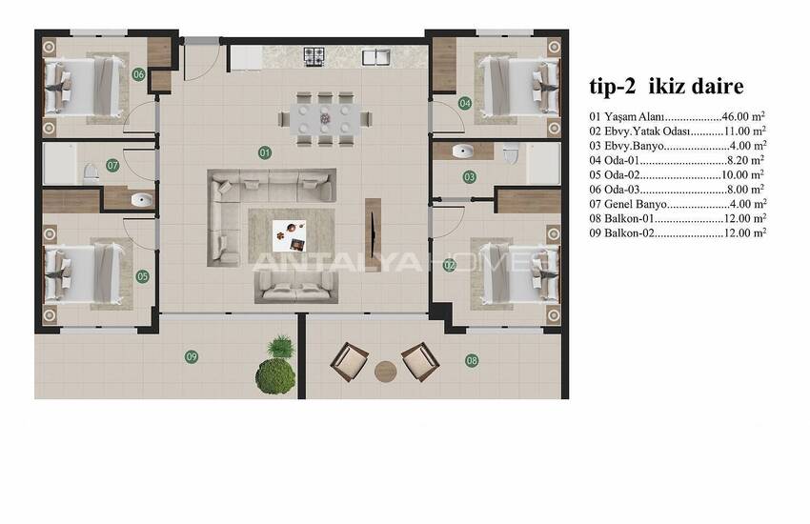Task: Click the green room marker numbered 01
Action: [265, 152]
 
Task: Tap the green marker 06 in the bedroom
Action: [138, 74]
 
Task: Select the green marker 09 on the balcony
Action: [192, 356]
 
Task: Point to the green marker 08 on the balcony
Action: [471, 360]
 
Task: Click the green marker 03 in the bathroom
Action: [469, 177]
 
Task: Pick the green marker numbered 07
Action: [112, 165]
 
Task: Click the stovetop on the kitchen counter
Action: [314, 57]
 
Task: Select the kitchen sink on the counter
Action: [376, 57]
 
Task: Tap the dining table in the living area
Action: [324, 119]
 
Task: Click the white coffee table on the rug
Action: [290, 236]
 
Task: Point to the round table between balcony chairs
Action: [385, 372]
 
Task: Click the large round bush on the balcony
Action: [275, 376]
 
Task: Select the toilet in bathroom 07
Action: [91, 174]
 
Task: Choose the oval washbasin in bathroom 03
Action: [463, 151]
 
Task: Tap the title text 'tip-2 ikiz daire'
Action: [666, 86]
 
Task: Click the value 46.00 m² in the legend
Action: [743, 116]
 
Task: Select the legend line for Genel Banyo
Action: [678, 204]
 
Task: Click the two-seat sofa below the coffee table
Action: [296, 288]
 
